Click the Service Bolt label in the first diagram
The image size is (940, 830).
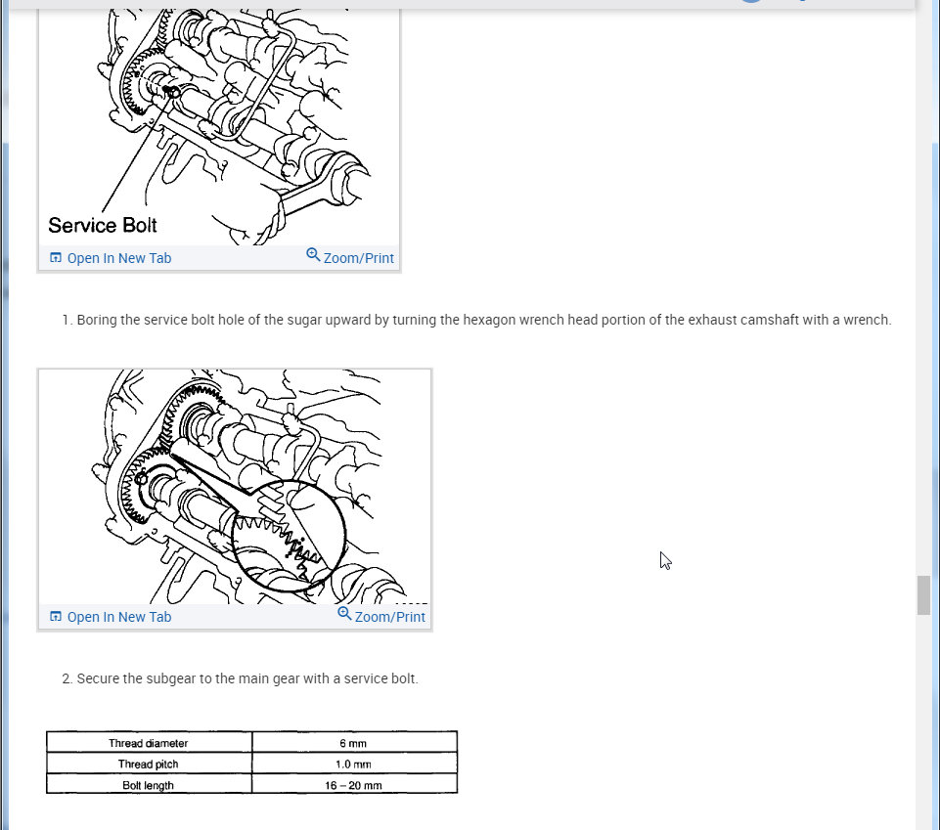point(103,225)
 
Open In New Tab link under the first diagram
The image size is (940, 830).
point(111,258)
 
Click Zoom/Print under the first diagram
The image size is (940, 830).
point(350,257)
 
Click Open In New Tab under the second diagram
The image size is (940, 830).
point(111,617)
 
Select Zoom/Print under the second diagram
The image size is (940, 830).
point(381,616)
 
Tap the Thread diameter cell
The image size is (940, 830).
point(149,743)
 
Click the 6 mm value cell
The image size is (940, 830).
point(354,743)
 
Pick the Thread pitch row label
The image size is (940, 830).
point(149,764)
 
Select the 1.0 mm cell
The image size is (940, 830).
point(354,764)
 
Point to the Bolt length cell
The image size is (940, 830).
point(149,785)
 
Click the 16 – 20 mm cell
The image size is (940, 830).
point(354,785)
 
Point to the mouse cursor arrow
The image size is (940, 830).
point(665,560)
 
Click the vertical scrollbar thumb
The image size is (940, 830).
point(923,595)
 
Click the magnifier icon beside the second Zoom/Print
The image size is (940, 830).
point(344,613)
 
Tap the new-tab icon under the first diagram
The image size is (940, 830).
point(55,258)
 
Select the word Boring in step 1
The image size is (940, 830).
point(97,321)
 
